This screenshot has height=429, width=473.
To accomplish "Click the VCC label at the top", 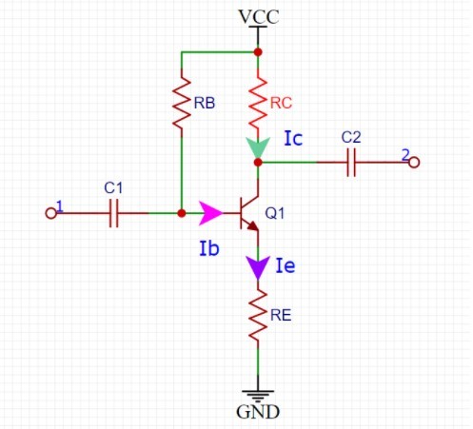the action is (259, 17).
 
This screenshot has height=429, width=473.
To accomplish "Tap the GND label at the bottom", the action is (258, 412).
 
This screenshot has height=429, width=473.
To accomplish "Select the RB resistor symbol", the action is (182, 103).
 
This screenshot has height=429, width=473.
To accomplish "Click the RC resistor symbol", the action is (258, 103).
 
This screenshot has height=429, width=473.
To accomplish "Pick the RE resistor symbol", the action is (258, 315).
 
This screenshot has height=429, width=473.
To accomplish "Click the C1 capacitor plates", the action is (113, 213).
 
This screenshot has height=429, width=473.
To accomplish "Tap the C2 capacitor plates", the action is (351, 163).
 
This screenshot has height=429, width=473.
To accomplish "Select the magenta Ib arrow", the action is (210, 213).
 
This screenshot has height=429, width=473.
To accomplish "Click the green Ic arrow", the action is (258, 147).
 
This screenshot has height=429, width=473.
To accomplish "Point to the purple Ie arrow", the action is (258, 268).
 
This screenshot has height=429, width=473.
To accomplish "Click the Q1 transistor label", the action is (275, 213).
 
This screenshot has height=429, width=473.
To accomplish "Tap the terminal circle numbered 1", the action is (50, 213).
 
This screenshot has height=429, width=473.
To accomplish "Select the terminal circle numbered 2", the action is (414, 163).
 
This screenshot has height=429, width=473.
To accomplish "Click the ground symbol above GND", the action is (258, 396).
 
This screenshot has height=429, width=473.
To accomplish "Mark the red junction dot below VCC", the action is (258, 52).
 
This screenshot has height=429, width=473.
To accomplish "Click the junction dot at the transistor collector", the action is (258, 163).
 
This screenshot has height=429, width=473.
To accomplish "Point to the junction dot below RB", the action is (182, 213).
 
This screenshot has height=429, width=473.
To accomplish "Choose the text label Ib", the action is (209, 248).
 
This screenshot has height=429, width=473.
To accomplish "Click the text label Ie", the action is (286, 265).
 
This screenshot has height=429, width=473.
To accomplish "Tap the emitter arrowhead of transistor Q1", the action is (253, 225).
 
